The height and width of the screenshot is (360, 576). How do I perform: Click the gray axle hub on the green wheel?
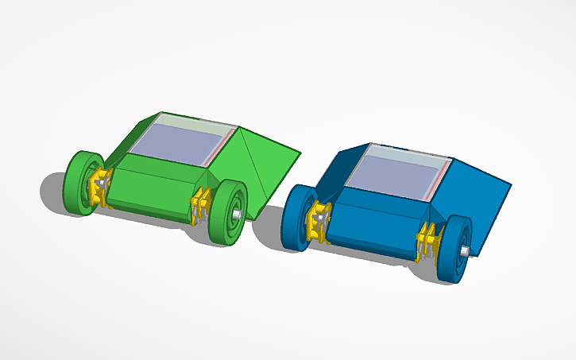point(237,215)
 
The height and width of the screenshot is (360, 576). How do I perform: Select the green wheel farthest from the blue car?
point(79,183)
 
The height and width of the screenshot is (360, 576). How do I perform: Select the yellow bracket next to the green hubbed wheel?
point(199,206)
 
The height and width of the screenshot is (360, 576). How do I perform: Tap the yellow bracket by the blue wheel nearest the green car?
point(321,223)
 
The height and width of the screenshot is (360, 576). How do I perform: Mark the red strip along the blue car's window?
point(439,180)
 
